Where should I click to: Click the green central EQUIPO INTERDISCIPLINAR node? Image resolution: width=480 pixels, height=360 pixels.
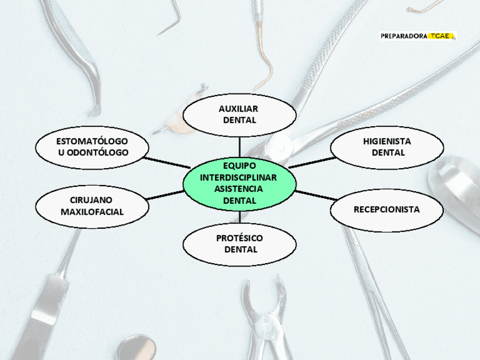(239, 183)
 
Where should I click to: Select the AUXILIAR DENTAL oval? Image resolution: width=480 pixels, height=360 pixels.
(239, 114)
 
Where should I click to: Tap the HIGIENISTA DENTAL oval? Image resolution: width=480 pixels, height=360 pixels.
(387, 147)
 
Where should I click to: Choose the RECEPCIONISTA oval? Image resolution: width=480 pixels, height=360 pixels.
(387, 209)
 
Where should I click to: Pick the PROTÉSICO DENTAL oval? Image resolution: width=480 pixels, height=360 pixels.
(239, 244)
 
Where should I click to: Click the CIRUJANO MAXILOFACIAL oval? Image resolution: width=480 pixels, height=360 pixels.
(92, 206)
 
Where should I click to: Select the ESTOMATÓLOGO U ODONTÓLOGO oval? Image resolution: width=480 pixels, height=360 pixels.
(92, 147)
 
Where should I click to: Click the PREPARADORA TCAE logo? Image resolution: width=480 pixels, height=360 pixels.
(418, 36)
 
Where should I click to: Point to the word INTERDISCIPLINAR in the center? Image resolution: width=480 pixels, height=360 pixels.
(239, 178)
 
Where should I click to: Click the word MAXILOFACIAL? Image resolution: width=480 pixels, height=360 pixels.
(92, 212)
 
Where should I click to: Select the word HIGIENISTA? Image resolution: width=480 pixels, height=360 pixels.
(387, 141)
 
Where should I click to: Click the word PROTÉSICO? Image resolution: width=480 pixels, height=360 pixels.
(239, 238)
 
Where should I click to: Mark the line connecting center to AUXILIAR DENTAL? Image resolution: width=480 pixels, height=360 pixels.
(239, 145)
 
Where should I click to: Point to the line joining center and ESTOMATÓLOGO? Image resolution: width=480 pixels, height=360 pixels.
(167, 162)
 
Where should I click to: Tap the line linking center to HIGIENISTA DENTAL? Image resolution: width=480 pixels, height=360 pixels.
(311, 162)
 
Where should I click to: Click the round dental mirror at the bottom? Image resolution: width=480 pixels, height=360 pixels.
(139, 346)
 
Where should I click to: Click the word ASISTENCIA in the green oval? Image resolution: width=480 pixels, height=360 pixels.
(239, 189)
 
